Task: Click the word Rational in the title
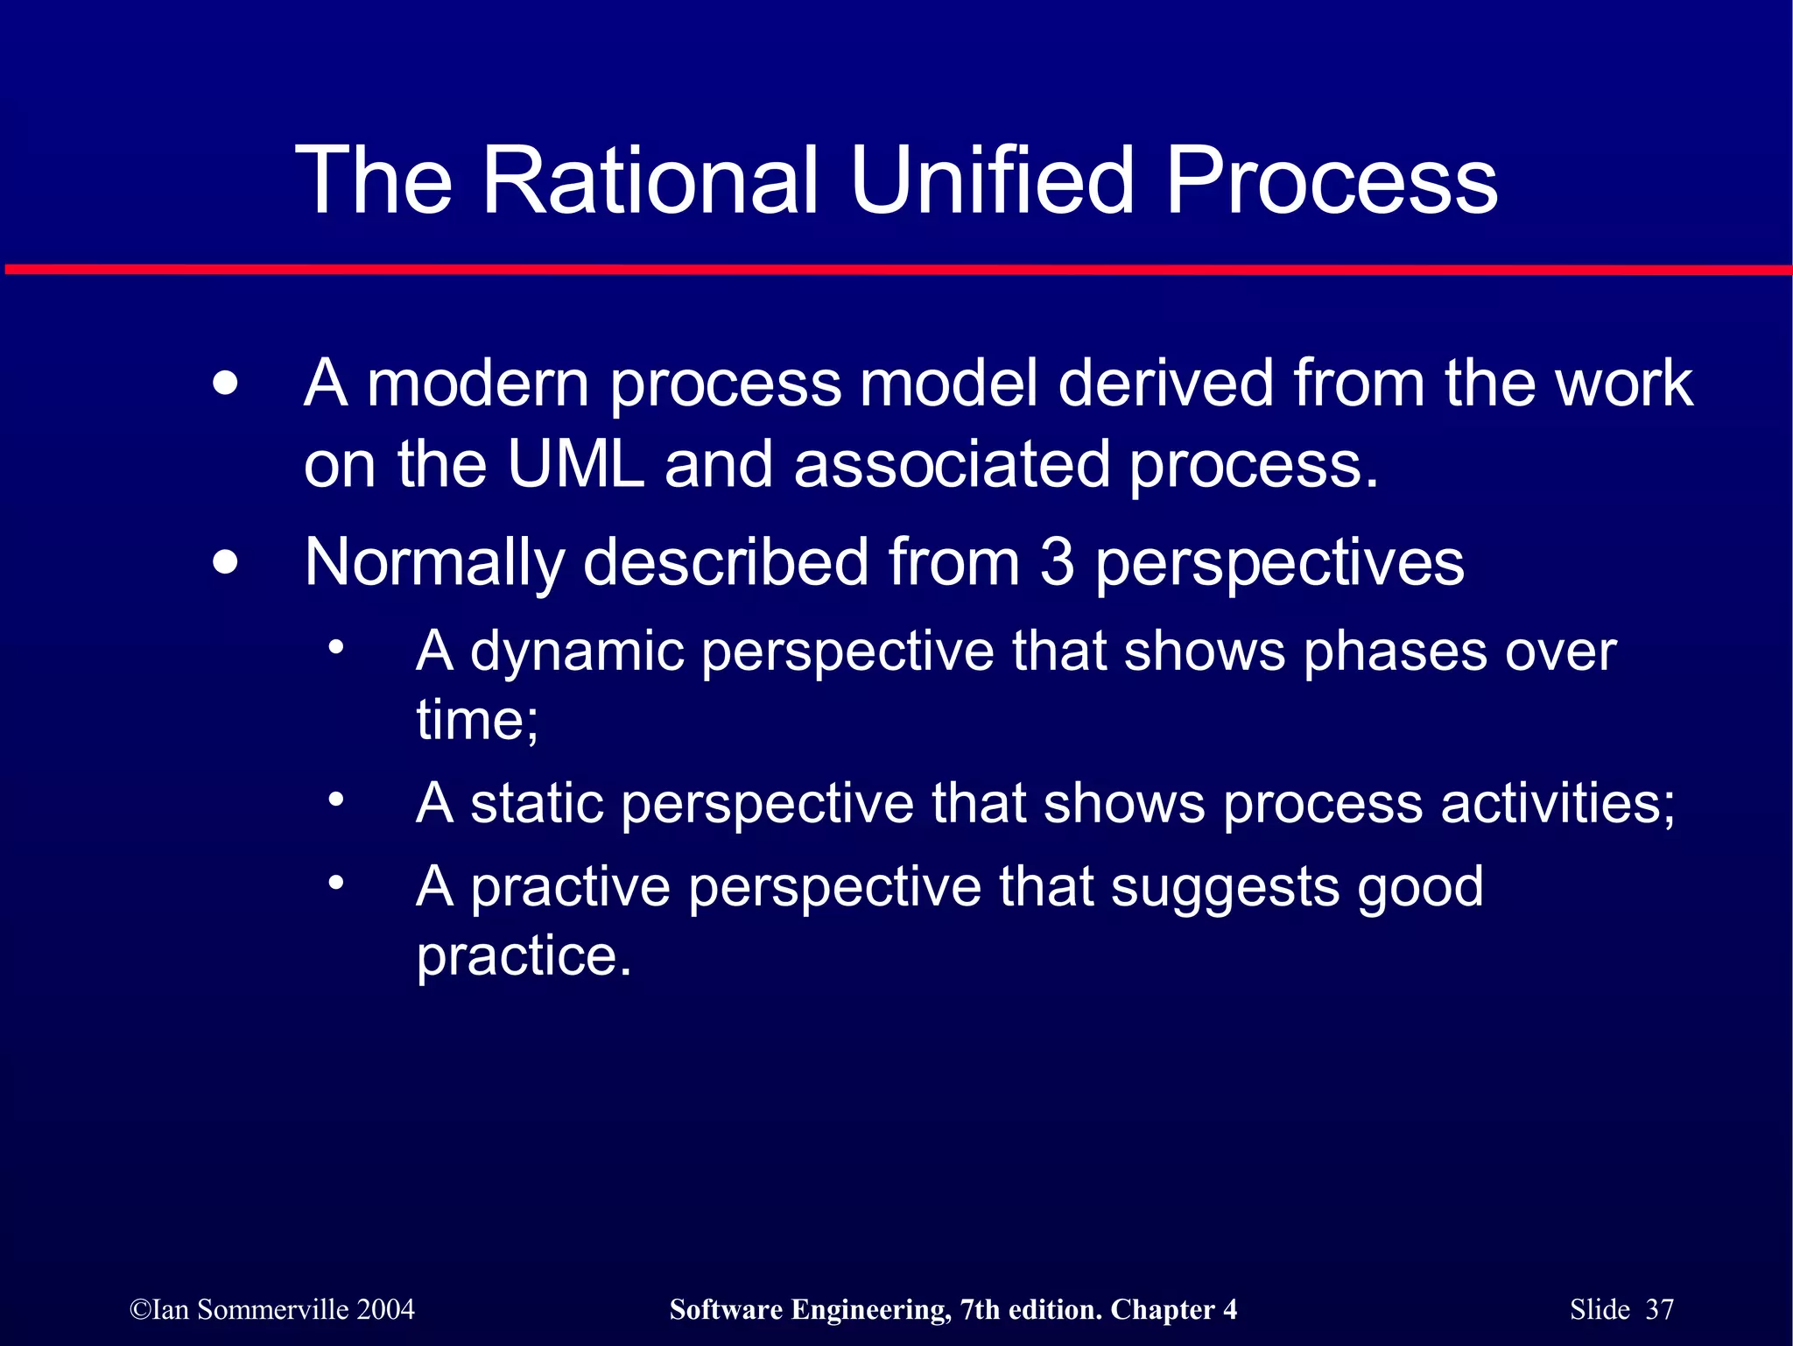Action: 650,181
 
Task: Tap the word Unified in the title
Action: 991,181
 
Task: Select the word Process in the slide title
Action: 1331,181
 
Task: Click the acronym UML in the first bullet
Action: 575,464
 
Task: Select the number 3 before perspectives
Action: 1057,562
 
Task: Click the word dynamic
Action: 577,653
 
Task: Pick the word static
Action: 537,803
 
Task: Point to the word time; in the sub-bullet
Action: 477,721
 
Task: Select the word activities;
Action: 1557,803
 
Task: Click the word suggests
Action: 1225,888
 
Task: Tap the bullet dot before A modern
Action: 225,384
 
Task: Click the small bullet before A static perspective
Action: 336,799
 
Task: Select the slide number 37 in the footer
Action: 1659,1309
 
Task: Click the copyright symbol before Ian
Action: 139,1310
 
